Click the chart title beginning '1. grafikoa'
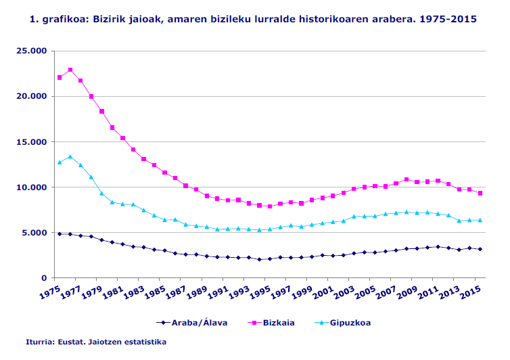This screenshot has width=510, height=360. coord(254,19)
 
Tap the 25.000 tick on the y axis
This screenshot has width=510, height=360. coord(32,51)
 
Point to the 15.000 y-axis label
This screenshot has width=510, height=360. coord(32,141)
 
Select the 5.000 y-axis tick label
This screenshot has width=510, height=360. coord(34,232)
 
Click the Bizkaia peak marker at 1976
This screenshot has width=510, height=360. coord(70,70)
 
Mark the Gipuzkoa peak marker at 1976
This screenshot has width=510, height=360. coord(70,156)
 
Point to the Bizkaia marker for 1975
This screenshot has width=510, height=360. coord(60,77)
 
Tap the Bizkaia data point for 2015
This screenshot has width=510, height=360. coord(480,193)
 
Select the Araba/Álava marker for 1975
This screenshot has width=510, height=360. coord(60,233)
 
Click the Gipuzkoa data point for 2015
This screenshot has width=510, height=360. coord(480,220)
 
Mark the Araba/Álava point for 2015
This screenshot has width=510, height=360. coord(480,249)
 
